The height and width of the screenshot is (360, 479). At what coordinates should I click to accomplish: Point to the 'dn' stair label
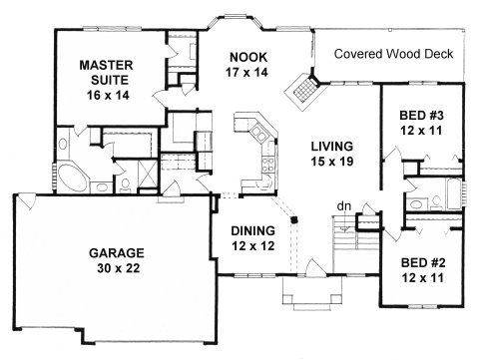pos(343,206)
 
